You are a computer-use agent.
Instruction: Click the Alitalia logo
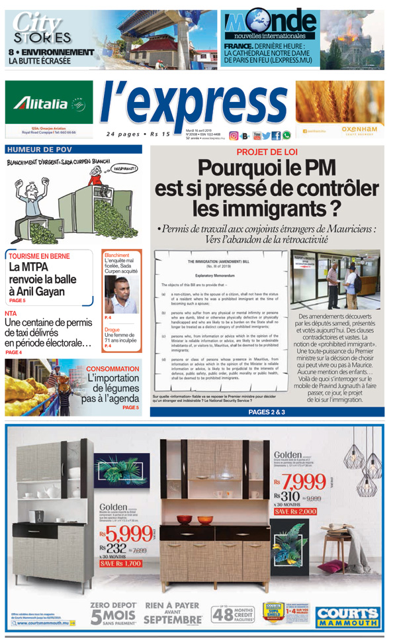[x=49, y=103]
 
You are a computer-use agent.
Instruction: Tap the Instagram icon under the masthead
[x=234, y=135]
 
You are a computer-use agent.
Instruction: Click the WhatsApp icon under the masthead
[x=286, y=135]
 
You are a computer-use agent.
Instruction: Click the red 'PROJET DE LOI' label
[x=265, y=152]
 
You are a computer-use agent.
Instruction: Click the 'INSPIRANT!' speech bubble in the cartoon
[x=124, y=168]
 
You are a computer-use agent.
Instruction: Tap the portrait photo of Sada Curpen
[x=120, y=295]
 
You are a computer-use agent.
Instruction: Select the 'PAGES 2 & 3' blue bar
[x=266, y=412]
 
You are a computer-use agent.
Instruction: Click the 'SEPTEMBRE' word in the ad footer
[x=173, y=620]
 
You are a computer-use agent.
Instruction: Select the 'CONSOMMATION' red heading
[x=112, y=368]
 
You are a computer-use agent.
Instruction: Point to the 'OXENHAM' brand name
[x=359, y=129]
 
